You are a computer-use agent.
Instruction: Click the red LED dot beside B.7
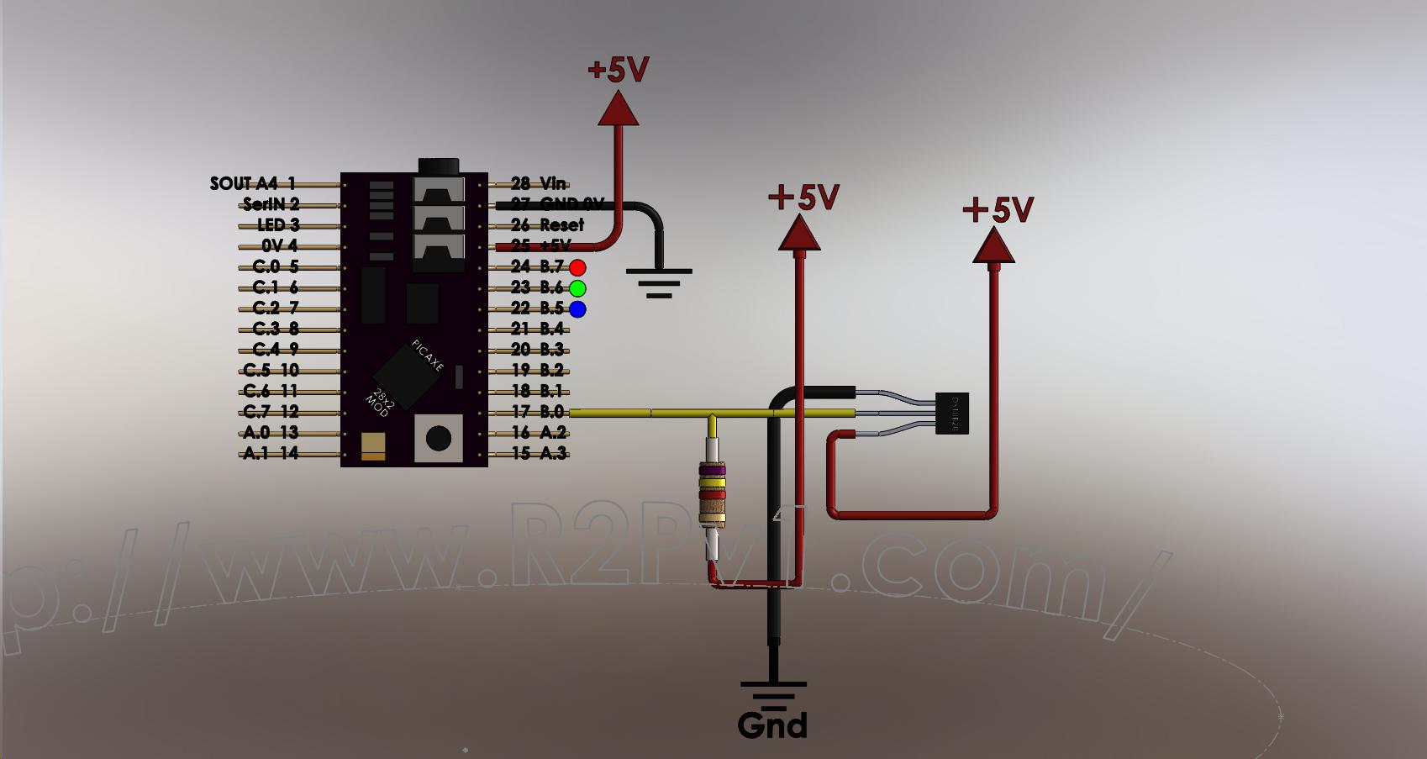pyautogui.click(x=577, y=268)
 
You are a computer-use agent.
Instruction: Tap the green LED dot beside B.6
pyautogui.click(x=577, y=288)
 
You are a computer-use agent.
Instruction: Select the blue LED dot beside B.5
pyautogui.click(x=577, y=309)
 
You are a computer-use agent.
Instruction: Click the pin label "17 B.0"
pyautogui.click(x=538, y=412)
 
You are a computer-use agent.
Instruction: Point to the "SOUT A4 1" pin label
pyautogui.click(x=252, y=183)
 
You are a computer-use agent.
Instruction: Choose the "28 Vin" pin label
pyautogui.click(x=538, y=183)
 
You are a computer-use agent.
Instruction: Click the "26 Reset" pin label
pyautogui.click(x=547, y=224)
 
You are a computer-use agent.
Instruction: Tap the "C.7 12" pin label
pyautogui.click(x=271, y=412)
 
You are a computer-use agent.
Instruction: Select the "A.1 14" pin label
pyautogui.click(x=271, y=453)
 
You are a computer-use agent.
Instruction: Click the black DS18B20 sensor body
pyautogui.click(x=953, y=414)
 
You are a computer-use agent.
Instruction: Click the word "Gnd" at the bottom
pyautogui.click(x=772, y=725)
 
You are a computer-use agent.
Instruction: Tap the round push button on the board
pyautogui.click(x=438, y=438)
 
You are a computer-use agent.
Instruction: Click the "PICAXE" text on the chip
pyautogui.click(x=428, y=356)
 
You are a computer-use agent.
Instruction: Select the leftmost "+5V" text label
pyautogui.click(x=619, y=70)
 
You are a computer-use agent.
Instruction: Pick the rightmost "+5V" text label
pyautogui.click(x=998, y=209)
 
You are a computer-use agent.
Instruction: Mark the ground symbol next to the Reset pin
pyautogui.click(x=659, y=282)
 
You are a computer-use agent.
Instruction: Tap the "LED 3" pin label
pyautogui.click(x=278, y=224)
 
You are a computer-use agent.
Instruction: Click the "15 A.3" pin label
pyautogui.click(x=538, y=453)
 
